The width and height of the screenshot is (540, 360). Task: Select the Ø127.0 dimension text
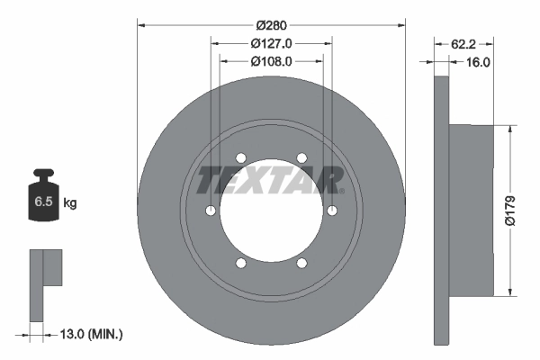point(272,42)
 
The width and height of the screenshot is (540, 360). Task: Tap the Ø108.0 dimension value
point(272,61)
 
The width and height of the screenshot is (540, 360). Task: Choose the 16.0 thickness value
point(476,62)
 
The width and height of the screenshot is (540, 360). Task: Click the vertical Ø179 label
point(510,209)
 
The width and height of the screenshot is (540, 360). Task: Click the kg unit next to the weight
point(70,203)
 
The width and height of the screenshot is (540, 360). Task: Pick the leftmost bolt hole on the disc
point(210,211)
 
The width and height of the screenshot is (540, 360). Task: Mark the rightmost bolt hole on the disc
point(333,211)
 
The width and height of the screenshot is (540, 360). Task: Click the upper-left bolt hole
point(241,157)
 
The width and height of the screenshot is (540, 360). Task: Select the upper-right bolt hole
point(301,157)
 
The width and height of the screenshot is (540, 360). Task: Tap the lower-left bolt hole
point(241,264)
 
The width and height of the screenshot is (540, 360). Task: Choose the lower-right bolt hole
point(301,264)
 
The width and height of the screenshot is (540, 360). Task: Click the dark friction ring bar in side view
point(440,209)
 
